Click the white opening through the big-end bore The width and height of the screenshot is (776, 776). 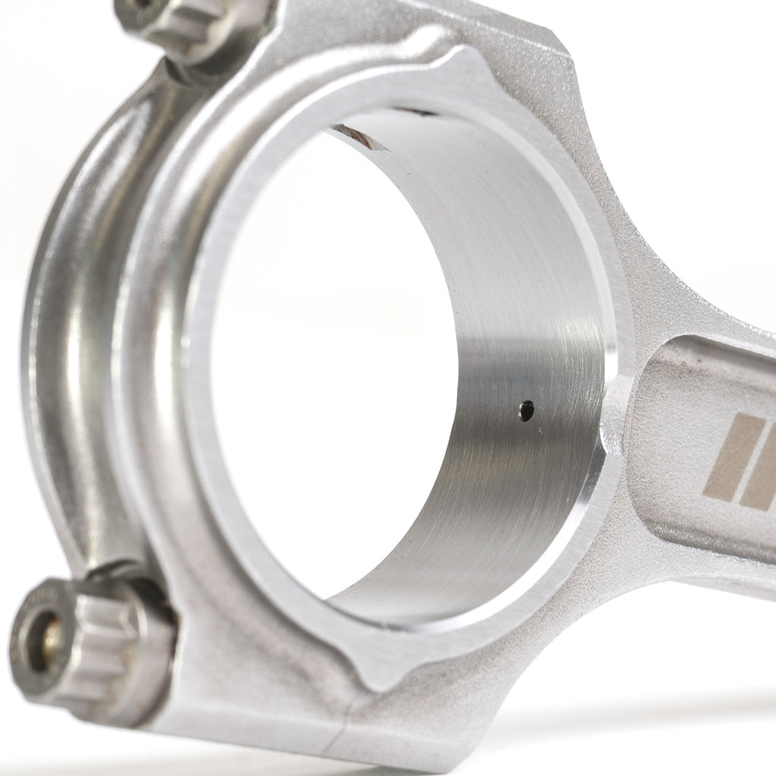318,379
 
